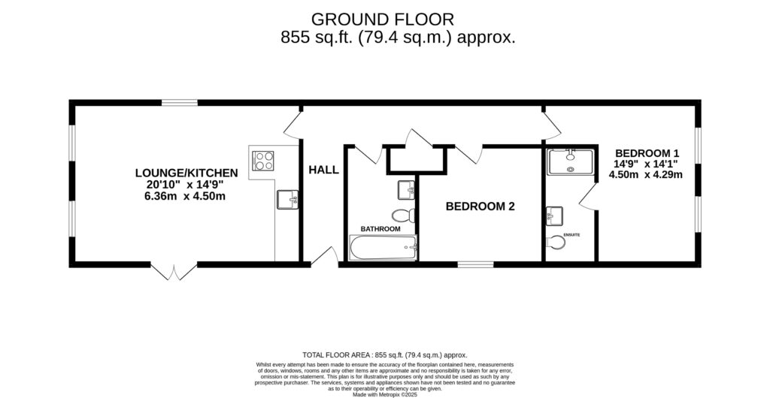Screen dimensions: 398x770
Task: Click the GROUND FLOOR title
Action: pos(383,19)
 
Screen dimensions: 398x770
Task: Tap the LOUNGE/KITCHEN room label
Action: pos(192,173)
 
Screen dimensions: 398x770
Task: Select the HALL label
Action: pos(323,170)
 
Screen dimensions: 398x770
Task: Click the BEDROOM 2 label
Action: pos(480,206)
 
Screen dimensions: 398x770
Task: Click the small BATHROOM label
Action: pos(380,228)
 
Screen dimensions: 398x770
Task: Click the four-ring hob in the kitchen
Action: pos(264,161)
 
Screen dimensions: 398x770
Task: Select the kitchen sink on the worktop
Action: pos(287,200)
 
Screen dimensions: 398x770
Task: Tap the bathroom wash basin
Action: pos(406,188)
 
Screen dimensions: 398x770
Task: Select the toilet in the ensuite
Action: pos(556,243)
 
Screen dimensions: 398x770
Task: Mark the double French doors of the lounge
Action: pos(174,271)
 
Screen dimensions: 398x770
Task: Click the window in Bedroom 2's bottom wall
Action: pos(475,264)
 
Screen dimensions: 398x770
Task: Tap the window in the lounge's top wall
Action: pos(180,103)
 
